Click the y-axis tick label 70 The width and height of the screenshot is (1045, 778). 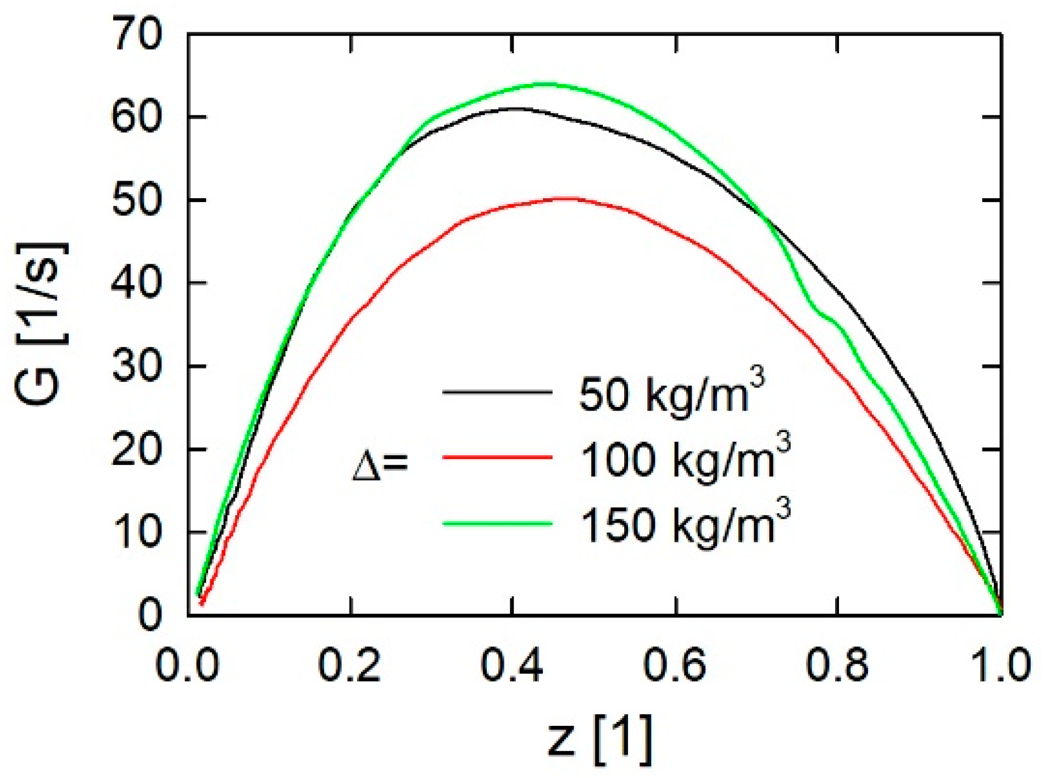point(137,34)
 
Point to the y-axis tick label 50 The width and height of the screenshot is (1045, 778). point(137,200)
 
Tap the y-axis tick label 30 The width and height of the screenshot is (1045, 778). point(137,366)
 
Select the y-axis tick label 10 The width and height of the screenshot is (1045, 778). point(137,533)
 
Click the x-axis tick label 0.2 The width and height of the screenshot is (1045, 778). point(349,665)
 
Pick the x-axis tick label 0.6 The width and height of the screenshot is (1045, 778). point(675,665)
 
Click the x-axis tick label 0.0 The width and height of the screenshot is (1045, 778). point(187,665)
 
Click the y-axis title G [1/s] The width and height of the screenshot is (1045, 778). point(41,324)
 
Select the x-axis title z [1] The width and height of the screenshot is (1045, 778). point(600,739)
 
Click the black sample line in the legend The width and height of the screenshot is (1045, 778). point(497,392)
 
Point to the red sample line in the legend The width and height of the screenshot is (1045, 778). point(497,457)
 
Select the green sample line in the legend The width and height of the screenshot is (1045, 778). point(497,522)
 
